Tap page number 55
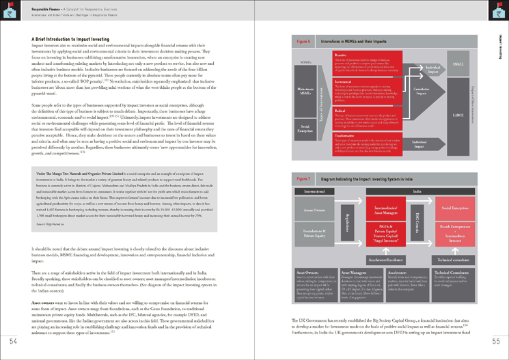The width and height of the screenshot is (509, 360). (x=495, y=341)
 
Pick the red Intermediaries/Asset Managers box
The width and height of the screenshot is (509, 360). (x=379, y=208)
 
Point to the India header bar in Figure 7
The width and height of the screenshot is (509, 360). (x=417, y=192)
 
